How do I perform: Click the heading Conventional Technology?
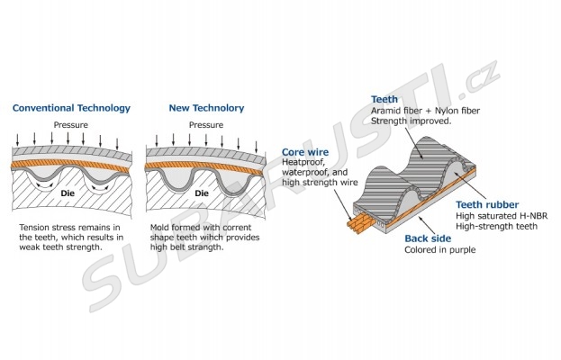coord(71,109)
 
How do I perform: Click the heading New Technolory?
coord(206,109)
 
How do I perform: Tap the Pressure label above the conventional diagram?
coord(70,124)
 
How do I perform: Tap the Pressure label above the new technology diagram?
coord(206,124)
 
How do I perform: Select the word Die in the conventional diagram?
coord(66,193)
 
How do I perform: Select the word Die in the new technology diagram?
coord(202,193)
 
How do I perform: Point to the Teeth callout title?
coord(385,100)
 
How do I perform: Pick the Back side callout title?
coord(428,238)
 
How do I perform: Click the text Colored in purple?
coord(439,249)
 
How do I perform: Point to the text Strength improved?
coord(410,121)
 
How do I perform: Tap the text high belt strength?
coord(184,247)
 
